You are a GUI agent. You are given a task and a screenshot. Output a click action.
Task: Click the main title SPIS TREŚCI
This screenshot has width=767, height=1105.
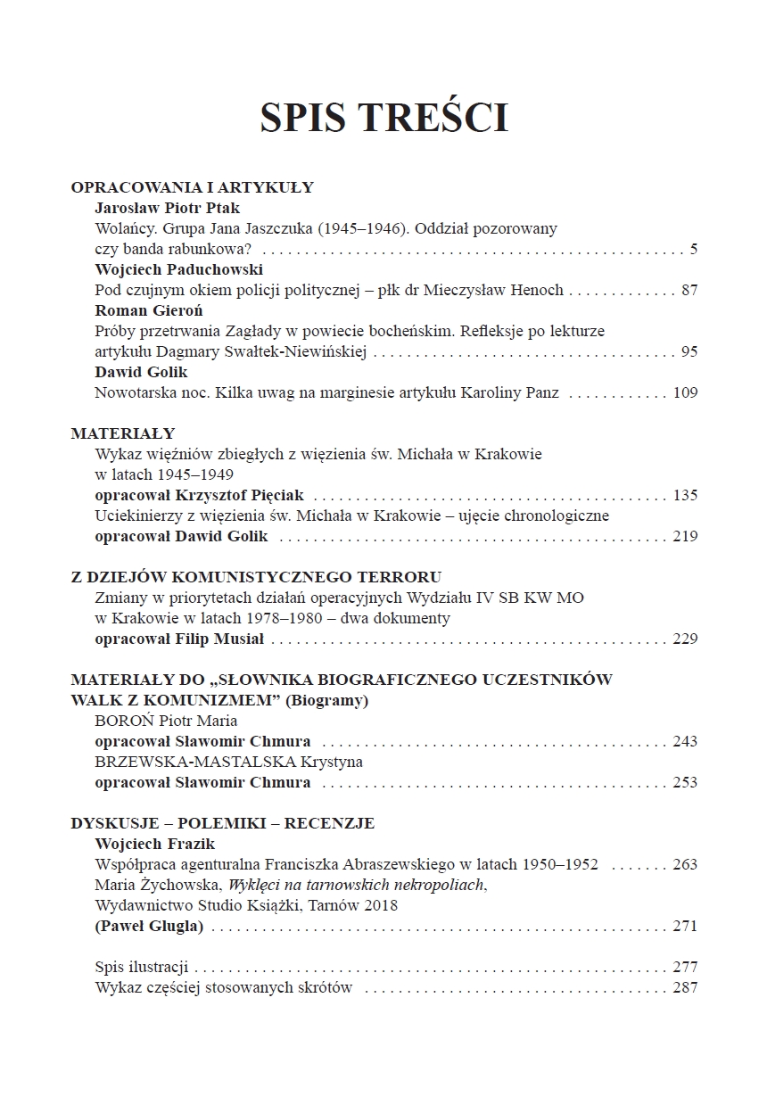click(x=383, y=119)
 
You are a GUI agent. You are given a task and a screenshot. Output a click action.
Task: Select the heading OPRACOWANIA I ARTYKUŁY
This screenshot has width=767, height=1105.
click(x=192, y=187)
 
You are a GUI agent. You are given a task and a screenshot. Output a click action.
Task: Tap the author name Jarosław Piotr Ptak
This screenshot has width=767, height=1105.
click(x=168, y=208)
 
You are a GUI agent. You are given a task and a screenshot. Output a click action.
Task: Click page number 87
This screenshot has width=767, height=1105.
click(x=688, y=290)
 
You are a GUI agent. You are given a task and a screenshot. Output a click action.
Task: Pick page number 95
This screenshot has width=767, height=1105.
click(x=689, y=351)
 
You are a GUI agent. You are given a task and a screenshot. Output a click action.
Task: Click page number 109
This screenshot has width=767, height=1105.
click(x=685, y=392)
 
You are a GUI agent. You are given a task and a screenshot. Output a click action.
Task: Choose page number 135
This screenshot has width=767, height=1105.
click(x=685, y=495)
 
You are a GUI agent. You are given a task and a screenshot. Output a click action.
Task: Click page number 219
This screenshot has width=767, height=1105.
click(x=685, y=536)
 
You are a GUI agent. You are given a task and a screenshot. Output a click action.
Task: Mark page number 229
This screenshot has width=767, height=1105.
click(x=685, y=639)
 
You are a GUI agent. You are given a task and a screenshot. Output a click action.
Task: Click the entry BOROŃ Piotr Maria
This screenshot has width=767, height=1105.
click(x=166, y=721)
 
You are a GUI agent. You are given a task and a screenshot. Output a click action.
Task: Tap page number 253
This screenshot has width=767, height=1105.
click(x=685, y=782)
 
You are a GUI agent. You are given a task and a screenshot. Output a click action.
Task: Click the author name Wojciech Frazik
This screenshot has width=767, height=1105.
click(x=155, y=844)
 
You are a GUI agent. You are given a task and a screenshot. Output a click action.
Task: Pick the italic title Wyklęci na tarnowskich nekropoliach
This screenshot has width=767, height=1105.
click(x=357, y=885)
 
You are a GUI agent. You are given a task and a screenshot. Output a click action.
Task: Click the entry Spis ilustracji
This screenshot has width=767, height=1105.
click(x=141, y=967)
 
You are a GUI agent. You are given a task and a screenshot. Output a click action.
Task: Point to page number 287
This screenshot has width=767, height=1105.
click(x=685, y=987)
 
